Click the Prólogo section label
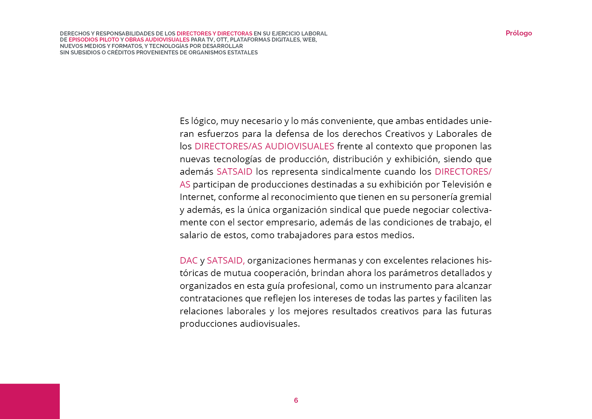518,33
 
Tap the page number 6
296,400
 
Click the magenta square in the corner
30,401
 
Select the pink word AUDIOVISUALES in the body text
299,146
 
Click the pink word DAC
188,261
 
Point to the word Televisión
463,184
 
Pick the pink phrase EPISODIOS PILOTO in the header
94,40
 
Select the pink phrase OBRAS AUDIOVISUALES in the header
157,40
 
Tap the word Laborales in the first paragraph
457,134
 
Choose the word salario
194,235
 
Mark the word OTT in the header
222,40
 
